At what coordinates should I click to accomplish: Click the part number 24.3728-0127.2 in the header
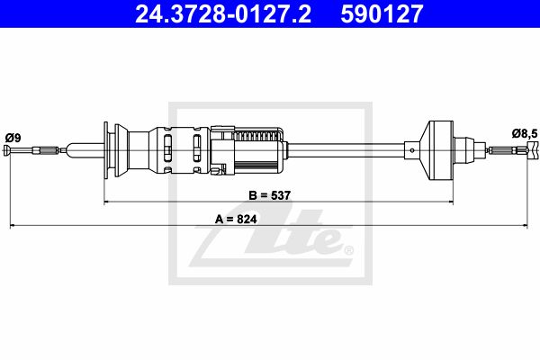(x=223, y=13)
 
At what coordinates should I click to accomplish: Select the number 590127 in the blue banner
(x=382, y=13)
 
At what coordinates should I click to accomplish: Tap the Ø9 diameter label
(x=13, y=138)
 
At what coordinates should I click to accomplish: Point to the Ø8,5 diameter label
(x=525, y=134)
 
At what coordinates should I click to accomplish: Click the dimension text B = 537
(x=270, y=195)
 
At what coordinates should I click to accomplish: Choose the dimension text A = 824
(x=236, y=219)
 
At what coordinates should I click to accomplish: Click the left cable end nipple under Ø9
(x=7, y=150)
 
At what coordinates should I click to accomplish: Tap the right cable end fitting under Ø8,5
(x=533, y=150)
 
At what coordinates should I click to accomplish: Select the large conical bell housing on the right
(x=436, y=150)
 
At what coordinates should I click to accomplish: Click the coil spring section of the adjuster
(x=257, y=136)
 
